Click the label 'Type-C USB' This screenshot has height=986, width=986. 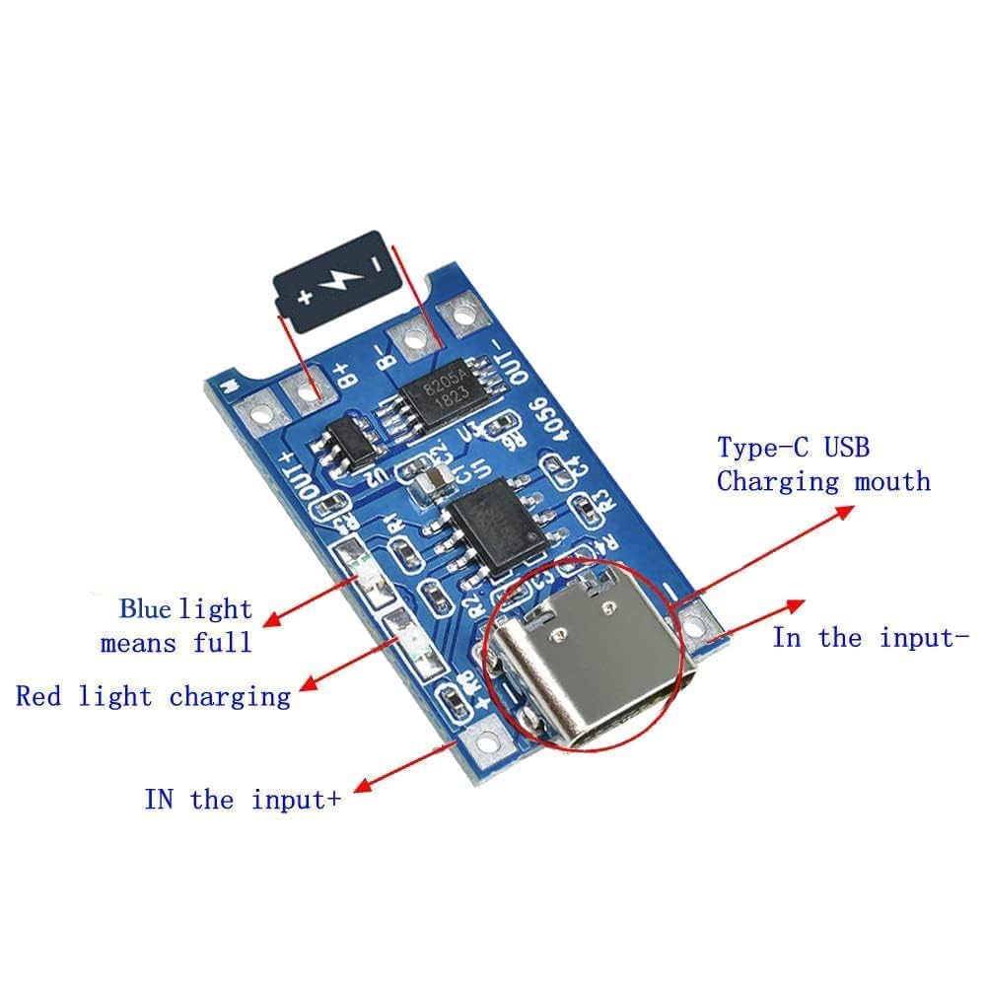794,448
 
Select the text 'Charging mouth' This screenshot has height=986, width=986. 823,482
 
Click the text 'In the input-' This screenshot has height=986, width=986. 864,638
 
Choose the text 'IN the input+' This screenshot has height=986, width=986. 243,799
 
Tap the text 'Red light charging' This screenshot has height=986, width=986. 153,697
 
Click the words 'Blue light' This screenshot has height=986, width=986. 185,609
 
